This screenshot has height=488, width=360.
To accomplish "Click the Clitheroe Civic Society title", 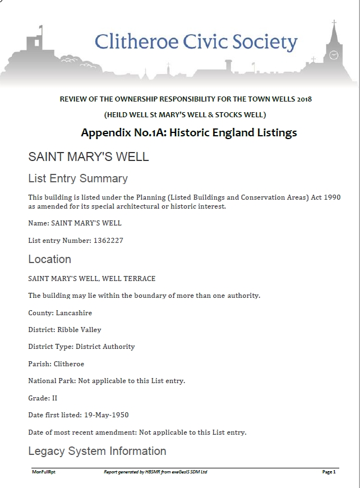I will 196,43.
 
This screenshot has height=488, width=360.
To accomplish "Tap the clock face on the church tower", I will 334,55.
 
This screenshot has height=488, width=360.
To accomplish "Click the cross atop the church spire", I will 334,24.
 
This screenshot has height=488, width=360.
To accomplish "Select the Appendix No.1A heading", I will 189,133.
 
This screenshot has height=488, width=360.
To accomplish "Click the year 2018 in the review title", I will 304,99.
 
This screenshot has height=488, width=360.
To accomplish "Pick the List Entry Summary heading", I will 78,179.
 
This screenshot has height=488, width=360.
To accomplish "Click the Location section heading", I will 49,259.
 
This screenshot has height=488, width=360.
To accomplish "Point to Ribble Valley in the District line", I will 79,330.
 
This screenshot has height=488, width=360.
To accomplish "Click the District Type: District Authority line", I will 81,347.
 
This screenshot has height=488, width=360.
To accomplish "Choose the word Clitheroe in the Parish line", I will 68,364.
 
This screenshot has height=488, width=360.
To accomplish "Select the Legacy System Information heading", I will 97,451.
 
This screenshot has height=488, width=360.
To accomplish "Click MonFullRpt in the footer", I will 43,472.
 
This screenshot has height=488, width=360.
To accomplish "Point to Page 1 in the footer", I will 329,472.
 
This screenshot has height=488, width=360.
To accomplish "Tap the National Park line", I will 107,381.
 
